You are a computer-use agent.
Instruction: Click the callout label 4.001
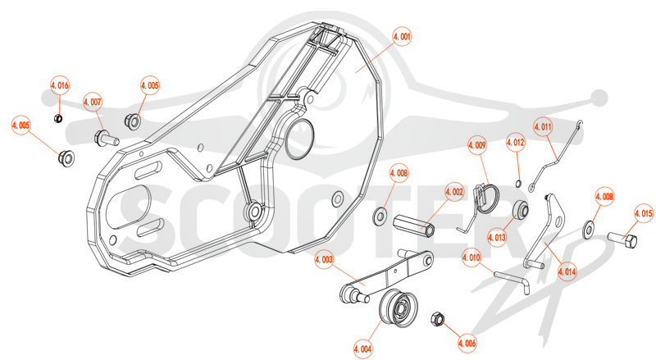point(402,37)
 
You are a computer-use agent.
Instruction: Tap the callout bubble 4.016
point(60,86)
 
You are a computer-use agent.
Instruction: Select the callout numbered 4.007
point(93,103)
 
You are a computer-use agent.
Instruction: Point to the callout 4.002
point(454,193)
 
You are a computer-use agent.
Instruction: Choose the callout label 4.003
point(324,259)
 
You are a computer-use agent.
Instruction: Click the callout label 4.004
point(362,349)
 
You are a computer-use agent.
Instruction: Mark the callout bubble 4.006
point(467,344)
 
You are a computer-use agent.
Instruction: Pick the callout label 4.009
point(477,145)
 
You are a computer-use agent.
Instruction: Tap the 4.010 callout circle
point(471,257)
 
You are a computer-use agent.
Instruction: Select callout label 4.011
point(543,127)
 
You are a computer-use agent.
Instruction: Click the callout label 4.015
point(644,214)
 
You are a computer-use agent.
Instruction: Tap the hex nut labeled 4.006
point(437,319)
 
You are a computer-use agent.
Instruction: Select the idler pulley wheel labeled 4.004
point(398,308)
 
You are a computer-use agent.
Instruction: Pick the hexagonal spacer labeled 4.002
point(414,226)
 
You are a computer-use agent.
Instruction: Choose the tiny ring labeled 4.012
point(518,183)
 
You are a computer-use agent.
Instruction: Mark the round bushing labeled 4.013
point(521,209)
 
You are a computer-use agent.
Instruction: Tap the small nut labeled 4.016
point(58,119)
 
